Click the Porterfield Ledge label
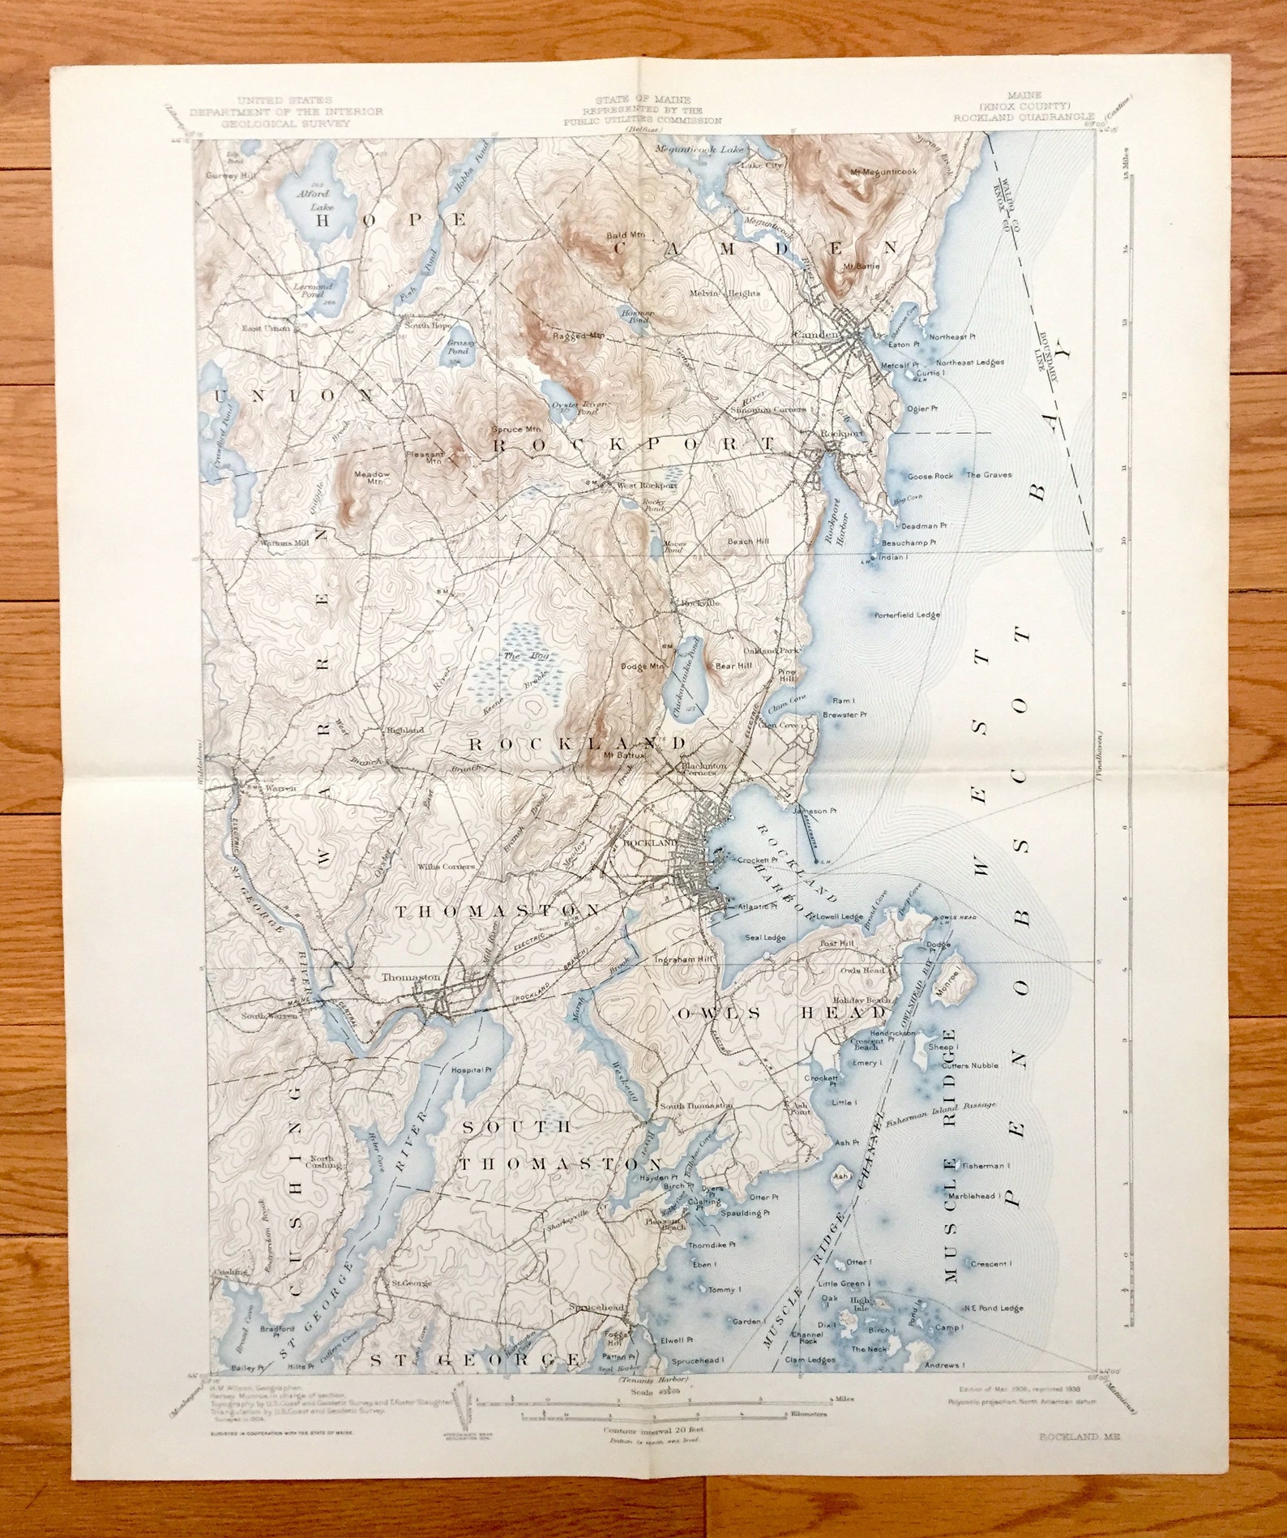coord(907,615)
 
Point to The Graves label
coord(989,474)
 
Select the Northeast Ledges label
coord(969,362)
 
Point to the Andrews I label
coord(941,1365)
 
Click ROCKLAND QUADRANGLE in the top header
coord(1024,117)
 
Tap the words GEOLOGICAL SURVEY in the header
coord(286,123)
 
